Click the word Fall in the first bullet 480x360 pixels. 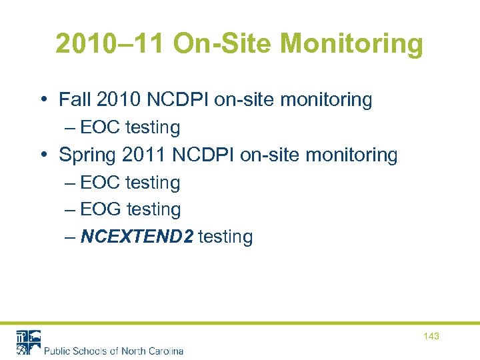point(75,100)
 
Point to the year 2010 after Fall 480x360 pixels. point(119,100)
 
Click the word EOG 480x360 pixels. point(101,209)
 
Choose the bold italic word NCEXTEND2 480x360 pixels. point(137,237)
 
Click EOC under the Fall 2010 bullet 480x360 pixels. point(100,127)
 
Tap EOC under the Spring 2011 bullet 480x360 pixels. point(100,183)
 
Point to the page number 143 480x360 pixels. point(431,337)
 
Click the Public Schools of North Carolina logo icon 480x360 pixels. point(29,342)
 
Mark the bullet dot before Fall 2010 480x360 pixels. point(43,101)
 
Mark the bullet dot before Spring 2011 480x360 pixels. point(43,156)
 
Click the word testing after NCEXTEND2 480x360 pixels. point(225,237)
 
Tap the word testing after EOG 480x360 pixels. point(154,209)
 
